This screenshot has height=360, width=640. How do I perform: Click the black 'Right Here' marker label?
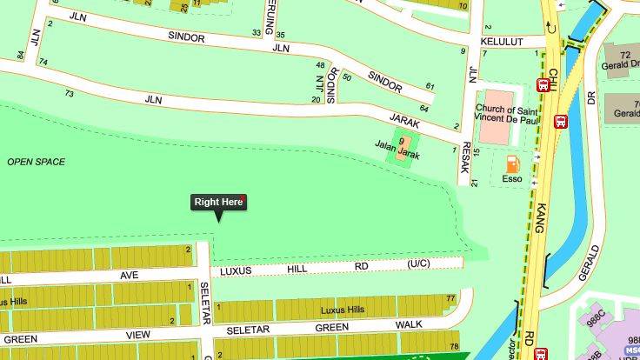pos(218,203)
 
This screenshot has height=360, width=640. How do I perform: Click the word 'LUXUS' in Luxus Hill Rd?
pos(235,271)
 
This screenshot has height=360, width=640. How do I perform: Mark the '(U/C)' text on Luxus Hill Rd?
pos(419,263)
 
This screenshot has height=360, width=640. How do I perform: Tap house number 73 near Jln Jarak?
pos(68,93)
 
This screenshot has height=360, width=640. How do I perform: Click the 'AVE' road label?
pos(129,275)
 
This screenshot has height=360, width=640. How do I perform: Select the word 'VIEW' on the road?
pos(137,334)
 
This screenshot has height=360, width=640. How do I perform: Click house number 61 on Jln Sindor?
pos(430,86)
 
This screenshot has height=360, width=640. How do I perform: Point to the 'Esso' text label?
pos(512,179)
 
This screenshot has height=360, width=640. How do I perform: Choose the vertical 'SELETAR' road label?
pos(205,302)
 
